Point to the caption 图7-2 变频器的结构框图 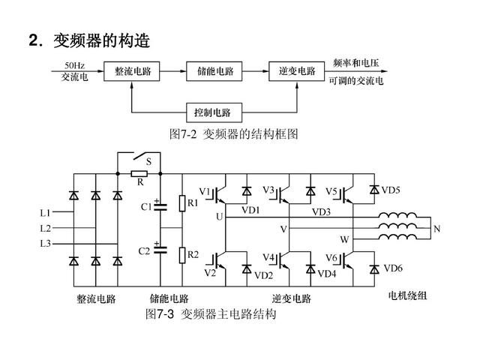[234, 134]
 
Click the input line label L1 [46, 212]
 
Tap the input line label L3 [46, 244]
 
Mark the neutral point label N [437, 229]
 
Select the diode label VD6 [393, 268]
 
